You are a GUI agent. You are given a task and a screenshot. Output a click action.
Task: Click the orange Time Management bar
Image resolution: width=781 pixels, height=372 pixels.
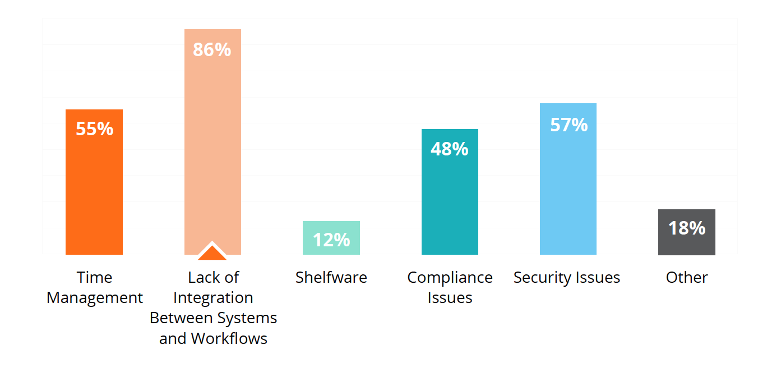94,182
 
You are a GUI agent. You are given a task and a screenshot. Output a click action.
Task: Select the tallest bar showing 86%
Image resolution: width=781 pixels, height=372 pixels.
212,142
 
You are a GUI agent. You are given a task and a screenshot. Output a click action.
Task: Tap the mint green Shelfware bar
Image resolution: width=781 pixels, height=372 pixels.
331,238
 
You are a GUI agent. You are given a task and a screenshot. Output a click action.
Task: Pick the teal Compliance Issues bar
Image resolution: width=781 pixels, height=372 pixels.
450,192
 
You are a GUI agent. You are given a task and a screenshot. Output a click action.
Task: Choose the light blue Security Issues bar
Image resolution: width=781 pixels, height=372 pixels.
568,179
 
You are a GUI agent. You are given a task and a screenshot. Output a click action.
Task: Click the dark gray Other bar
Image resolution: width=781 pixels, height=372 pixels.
686,232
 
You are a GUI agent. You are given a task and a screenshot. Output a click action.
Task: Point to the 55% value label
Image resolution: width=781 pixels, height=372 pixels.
95,128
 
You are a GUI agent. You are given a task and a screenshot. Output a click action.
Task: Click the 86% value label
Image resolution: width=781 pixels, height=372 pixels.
212,49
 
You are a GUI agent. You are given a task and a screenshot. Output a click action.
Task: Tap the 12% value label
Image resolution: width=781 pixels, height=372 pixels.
331,240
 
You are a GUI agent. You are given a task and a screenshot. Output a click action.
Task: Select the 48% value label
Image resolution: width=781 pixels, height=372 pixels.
450,149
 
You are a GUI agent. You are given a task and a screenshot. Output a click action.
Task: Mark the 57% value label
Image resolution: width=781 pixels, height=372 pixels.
569,125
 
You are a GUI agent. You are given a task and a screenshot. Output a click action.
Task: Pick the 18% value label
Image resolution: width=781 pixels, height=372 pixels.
687,228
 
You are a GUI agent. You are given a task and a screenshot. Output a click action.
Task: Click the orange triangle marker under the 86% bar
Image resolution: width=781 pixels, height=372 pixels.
212,251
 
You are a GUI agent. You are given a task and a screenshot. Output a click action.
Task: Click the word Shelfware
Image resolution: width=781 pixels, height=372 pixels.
331,277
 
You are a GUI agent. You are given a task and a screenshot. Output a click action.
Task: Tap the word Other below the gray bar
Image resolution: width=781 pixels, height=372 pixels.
687,278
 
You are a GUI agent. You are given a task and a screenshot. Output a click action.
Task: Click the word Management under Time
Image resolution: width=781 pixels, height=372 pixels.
95,298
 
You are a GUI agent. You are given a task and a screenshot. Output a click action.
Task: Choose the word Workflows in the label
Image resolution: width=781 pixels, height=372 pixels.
229,338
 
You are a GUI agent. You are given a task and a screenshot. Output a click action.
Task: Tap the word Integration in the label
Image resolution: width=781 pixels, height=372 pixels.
213,298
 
